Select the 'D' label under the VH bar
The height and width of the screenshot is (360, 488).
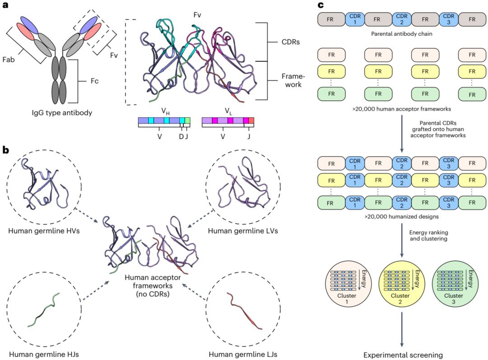pos(180,136)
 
